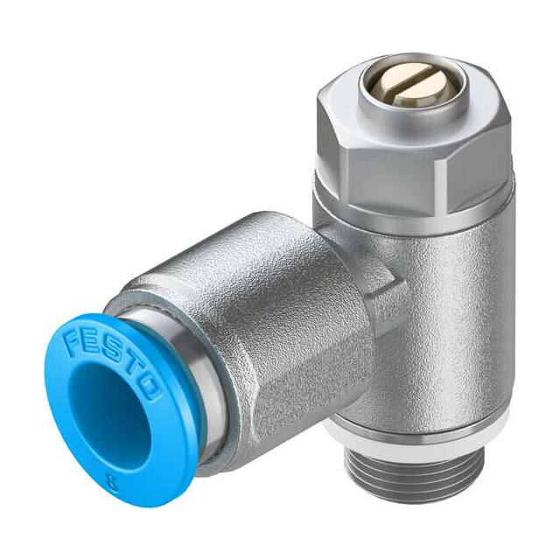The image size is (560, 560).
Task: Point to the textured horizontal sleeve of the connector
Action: (262, 297)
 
